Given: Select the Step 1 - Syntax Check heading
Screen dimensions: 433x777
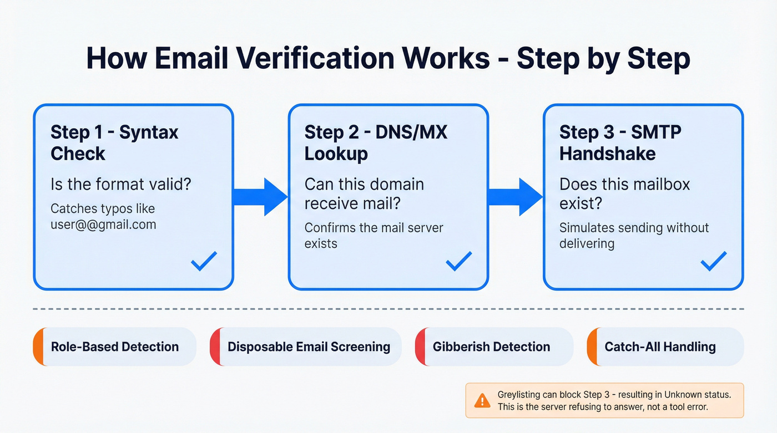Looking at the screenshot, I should pos(114,142).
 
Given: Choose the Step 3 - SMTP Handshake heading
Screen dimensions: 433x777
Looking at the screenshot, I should pos(620,142).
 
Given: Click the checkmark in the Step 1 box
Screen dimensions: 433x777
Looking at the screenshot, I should pos(204,261).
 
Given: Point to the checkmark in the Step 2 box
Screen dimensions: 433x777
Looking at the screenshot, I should pos(458,261).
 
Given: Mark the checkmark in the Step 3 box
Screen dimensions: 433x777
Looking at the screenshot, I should pos(713,261).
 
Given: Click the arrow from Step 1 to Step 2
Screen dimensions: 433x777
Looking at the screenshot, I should pos(261,196).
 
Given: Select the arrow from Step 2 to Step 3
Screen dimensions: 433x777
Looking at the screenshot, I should pos(516,196).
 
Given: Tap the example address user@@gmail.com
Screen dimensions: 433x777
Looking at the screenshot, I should pos(103,225).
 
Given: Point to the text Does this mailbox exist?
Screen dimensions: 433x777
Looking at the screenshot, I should pos(624,193).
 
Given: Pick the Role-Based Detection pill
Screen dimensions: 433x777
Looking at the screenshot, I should pos(114,347).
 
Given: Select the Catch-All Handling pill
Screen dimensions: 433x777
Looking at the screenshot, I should pos(664,347).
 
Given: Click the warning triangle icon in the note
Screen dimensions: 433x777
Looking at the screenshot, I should pos(482,400).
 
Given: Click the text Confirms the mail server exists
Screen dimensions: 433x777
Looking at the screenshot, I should pos(374,236).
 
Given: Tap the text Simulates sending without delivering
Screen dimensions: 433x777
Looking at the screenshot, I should pos(634,236).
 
